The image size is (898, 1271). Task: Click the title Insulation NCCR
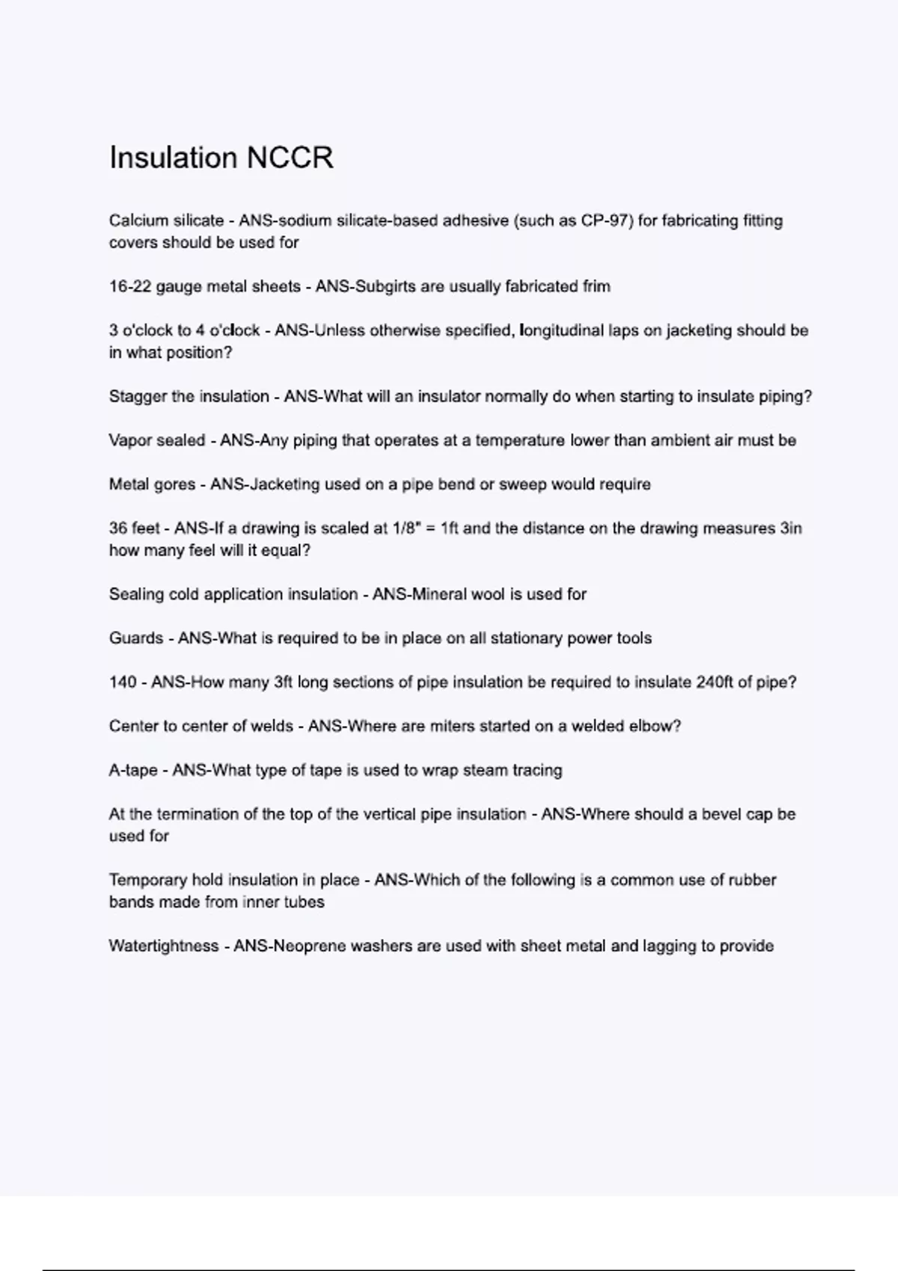coord(222,158)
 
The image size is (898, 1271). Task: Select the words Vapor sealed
coord(157,440)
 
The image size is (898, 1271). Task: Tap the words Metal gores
coord(152,484)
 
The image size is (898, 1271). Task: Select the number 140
coord(123,683)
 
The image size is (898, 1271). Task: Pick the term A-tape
coord(133,770)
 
